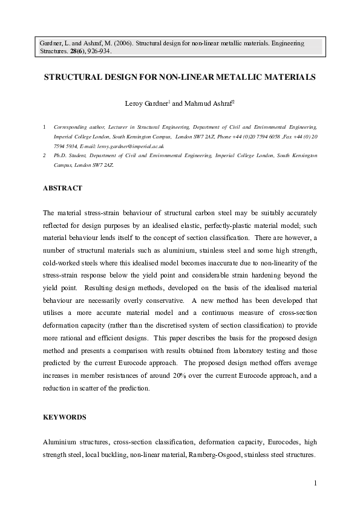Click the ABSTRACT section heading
pyautogui.click(x=62, y=189)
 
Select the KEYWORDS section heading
pyautogui.click(x=65, y=417)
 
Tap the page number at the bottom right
pyautogui.click(x=316, y=482)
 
